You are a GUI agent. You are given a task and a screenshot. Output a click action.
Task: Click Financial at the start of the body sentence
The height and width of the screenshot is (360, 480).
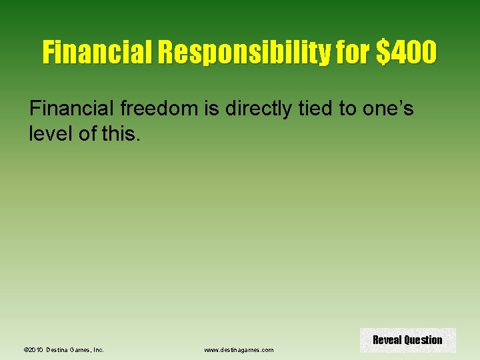pos(72,109)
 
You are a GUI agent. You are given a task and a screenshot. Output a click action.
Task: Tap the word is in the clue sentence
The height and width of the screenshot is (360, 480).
pos(211,109)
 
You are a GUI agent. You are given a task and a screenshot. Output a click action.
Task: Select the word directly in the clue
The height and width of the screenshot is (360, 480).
pos(258,109)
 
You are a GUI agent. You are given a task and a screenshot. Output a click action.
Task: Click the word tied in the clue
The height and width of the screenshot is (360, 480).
pos(316,109)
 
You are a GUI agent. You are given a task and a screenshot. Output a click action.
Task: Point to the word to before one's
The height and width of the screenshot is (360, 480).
pos(348,109)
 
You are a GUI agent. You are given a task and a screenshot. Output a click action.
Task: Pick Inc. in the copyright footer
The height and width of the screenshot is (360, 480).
pos(98,349)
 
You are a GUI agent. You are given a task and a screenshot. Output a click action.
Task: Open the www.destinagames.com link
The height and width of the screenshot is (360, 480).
pos(239,349)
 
